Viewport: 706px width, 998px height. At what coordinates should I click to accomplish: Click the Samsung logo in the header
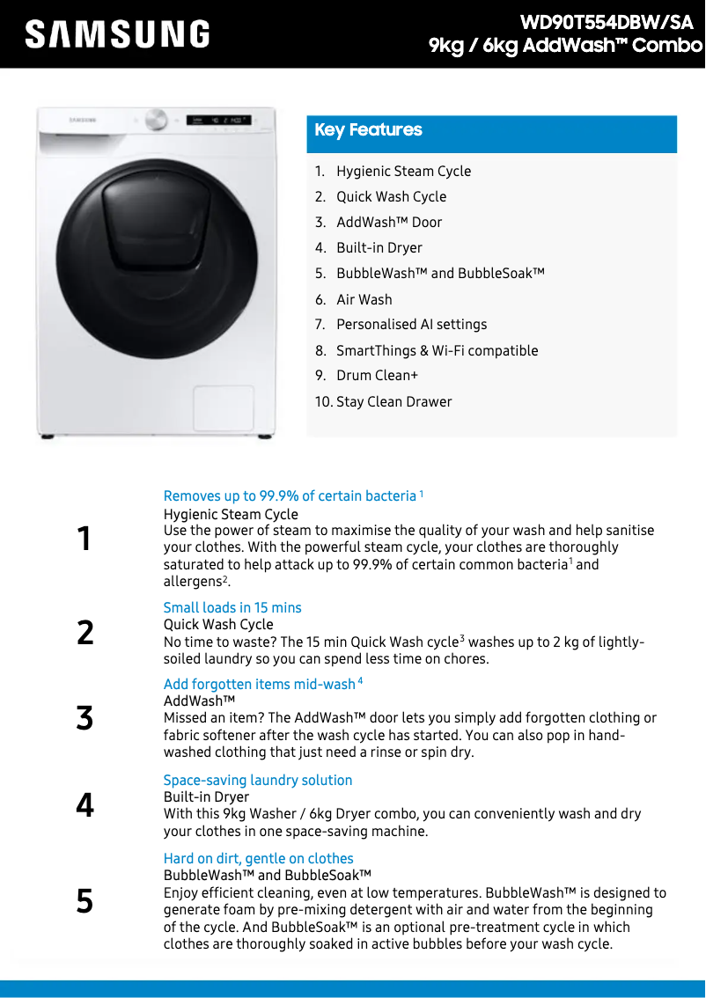(117, 34)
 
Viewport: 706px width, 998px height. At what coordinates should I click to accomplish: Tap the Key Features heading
(368, 130)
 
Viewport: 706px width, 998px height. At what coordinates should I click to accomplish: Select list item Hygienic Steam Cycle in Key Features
(403, 172)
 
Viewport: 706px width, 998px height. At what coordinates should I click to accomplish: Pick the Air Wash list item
(364, 299)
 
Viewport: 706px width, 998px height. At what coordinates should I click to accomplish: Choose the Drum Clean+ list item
(377, 376)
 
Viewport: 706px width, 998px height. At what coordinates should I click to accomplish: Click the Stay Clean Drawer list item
(393, 402)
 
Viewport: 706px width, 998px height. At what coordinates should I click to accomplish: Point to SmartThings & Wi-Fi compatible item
(437, 350)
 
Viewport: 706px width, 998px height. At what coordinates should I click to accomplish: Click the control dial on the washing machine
(157, 120)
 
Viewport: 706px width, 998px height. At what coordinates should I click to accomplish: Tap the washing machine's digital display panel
(218, 120)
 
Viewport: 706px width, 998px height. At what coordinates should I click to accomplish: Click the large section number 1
(84, 539)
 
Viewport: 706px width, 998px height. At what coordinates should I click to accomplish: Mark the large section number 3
(85, 718)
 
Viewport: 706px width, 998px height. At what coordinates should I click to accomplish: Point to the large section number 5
(85, 901)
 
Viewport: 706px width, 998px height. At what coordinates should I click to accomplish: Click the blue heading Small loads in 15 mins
(232, 608)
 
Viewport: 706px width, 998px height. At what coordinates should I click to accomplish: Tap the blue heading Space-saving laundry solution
(258, 781)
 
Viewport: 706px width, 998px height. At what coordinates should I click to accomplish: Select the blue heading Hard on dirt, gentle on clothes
(258, 859)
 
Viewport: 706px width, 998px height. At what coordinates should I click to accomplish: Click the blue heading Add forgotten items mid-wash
(260, 685)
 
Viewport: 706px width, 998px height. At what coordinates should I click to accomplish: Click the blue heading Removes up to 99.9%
(290, 496)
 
